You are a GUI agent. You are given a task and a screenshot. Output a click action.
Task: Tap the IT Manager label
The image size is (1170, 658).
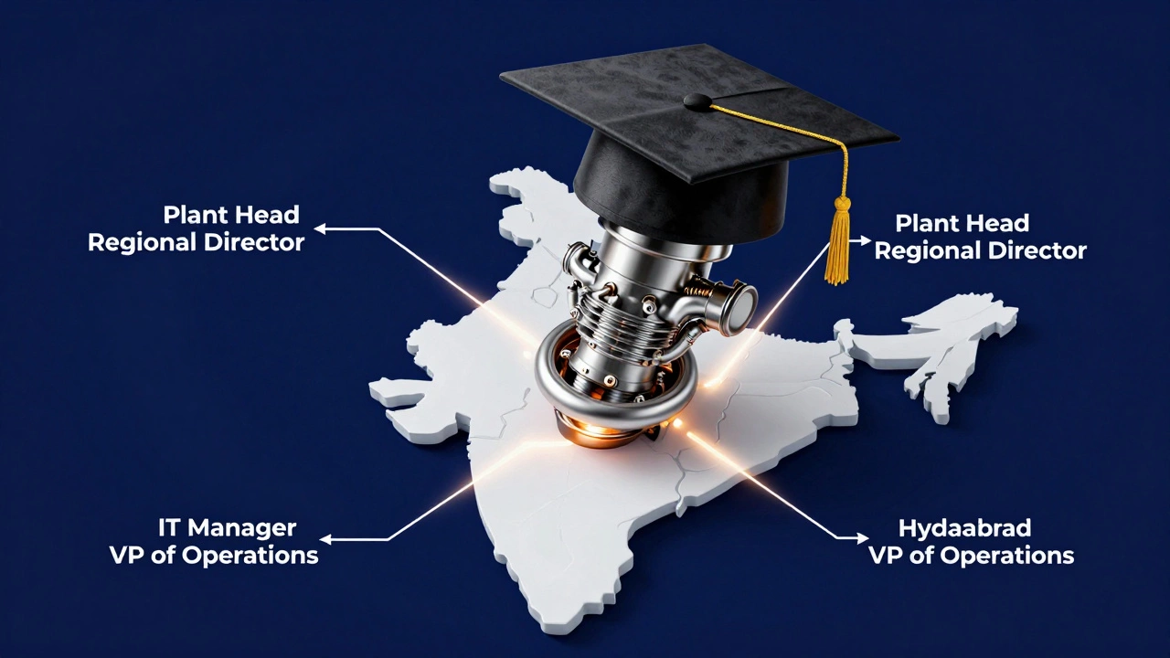click(x=228, y=527)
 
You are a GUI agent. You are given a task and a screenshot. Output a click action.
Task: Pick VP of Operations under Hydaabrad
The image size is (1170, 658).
click(x=971, y=555)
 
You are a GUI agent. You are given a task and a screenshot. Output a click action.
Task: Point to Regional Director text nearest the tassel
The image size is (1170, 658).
click(x=980, y=250)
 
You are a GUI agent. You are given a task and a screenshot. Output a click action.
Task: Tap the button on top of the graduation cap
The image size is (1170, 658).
click(x=697, y=100)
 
